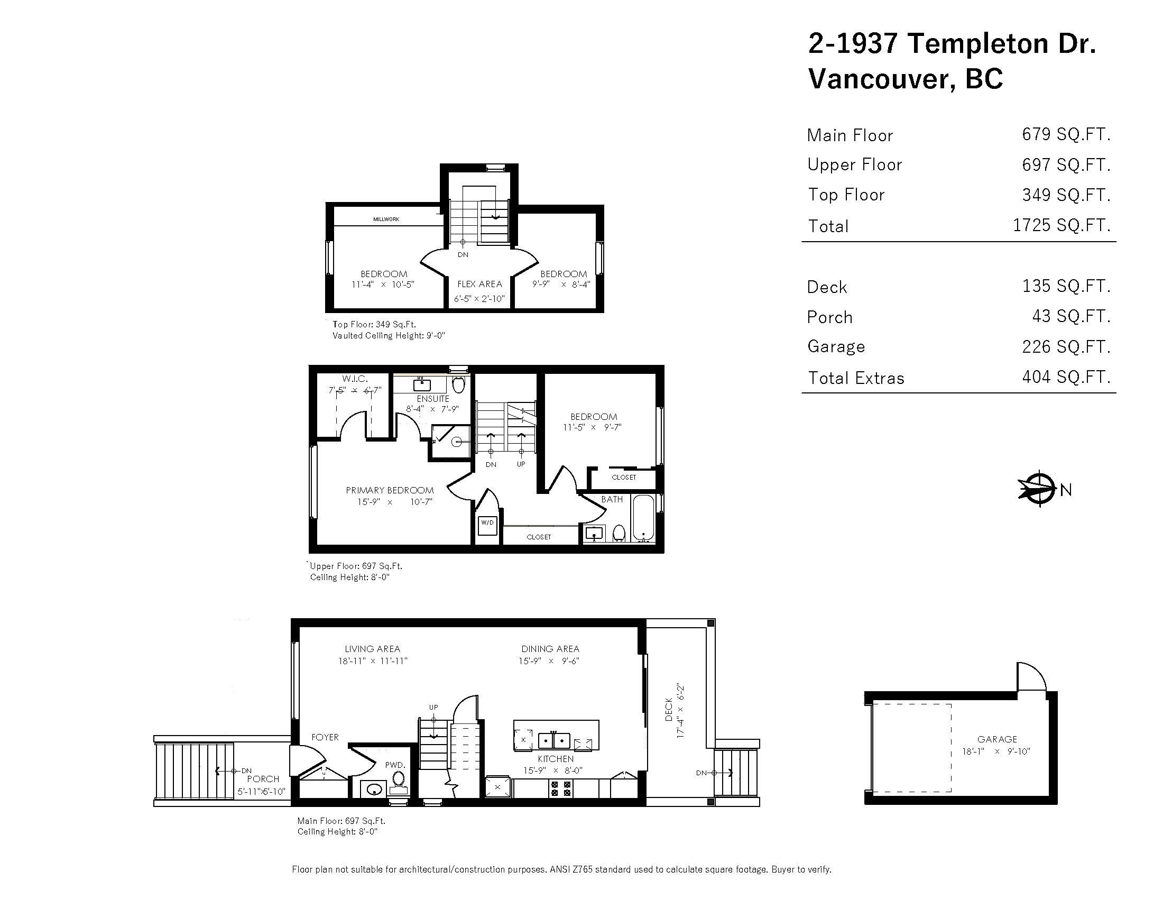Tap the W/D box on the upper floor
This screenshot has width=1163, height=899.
[x=487, y=523]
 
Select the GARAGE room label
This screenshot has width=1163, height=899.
[x=997, y=739]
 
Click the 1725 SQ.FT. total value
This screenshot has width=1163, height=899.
[x=1062, y=225]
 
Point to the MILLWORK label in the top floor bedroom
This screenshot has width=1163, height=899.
[x=386, y=219]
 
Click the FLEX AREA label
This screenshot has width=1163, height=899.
[x=479, y=285]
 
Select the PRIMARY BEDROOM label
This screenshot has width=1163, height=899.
[x=389, y=490]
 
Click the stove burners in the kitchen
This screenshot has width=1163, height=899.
[x=561, y=789]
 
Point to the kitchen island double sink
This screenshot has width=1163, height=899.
[x=554, y=741]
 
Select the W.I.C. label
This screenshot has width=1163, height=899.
[x=355, y=379]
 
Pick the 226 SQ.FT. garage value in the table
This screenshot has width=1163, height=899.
[x=1066, y=347]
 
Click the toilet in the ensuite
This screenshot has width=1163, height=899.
[x=458, y=384]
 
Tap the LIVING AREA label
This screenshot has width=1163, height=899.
[x=372, y=649]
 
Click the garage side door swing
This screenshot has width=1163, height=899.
[x=1030, y=677]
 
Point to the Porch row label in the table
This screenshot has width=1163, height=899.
[x=829, y=317]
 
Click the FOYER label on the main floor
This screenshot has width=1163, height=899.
[x=325, y=737]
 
